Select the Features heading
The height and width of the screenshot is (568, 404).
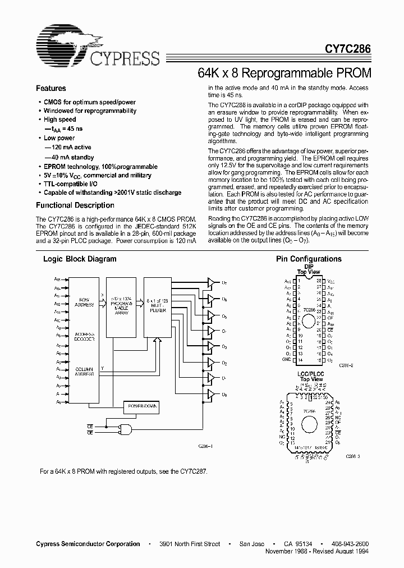click(x=50, y=89)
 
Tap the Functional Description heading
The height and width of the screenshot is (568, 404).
click(x=75, y=205)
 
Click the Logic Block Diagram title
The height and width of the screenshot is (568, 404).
click(x=80, y=259)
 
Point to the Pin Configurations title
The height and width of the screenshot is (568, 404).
click(x=309, y=259)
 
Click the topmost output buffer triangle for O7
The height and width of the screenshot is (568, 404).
click(x=210, y=282)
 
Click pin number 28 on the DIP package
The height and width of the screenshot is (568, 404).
click(x=318, y=280)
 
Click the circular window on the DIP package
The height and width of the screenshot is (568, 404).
click(x=309, y=322)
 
